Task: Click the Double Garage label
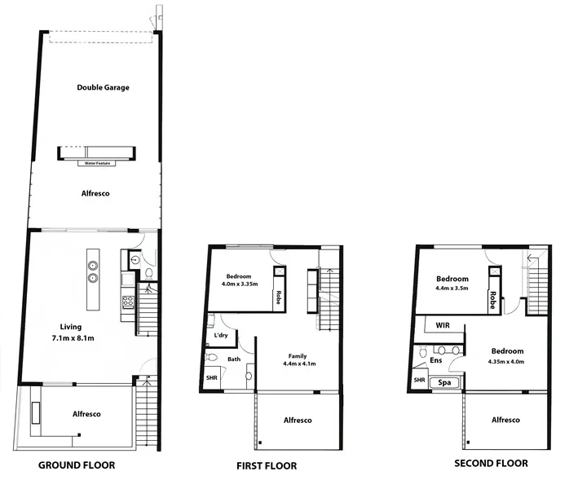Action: pos(104,87)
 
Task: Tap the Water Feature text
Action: pos(96,163)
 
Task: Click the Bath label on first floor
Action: pos(233,359)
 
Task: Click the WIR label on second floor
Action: pos(443,325)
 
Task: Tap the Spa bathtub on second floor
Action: pos(445,381)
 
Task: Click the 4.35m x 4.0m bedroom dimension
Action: pos(506,361)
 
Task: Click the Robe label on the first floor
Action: pos(278,297)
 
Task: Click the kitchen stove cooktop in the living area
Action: pos(127,302)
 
